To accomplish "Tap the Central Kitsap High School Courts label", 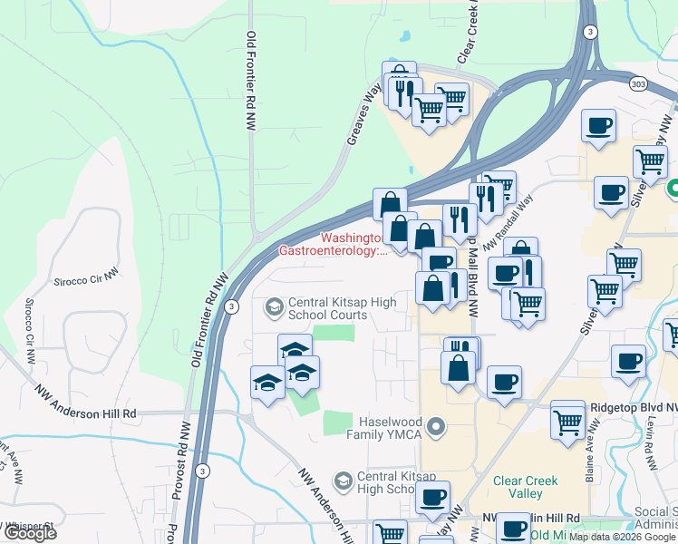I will [x=327, y=308].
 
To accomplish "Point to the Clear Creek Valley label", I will [x=518, y=487].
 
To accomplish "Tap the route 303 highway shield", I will [x=639, y=83].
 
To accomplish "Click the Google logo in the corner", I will [x=29, y=533].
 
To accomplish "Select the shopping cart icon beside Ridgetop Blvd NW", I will [x=568, y=420].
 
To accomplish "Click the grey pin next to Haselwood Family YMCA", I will [x=438, y=425].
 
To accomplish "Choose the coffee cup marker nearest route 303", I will [x=598, y=126].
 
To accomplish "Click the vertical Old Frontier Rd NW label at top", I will [x=251, y=83].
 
